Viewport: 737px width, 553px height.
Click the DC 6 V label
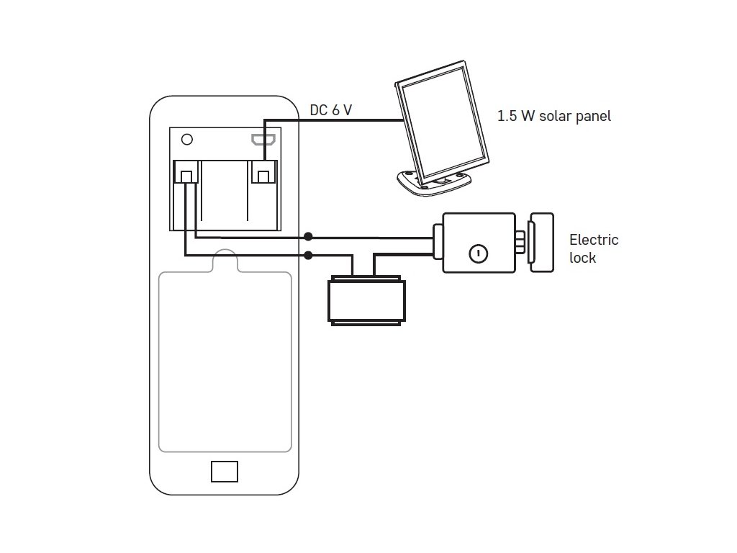click(331, 110)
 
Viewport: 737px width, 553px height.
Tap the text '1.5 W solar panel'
click(554, 116)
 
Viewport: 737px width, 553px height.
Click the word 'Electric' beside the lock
click(594, 240)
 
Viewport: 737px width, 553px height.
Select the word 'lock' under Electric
click(582, 258)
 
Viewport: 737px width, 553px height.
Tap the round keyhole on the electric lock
click(479, 253)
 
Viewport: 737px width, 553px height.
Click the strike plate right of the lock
click(541, 243)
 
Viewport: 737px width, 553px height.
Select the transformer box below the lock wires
click(366, 300)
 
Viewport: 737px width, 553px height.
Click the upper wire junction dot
click(308, 236)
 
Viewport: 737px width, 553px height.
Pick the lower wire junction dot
click(308, 256)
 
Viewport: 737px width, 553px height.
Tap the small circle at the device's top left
click(187, 140)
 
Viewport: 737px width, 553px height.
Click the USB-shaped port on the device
click(263, 139)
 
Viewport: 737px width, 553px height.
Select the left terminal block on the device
click(186, 172)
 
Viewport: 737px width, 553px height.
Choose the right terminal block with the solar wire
click(263, 172)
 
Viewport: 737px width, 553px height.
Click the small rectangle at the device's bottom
click(225, 472)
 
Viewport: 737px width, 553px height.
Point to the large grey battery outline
click(159, 362)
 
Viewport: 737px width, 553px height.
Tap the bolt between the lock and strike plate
click(520, 242)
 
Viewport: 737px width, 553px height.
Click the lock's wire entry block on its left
click(438, 242)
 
